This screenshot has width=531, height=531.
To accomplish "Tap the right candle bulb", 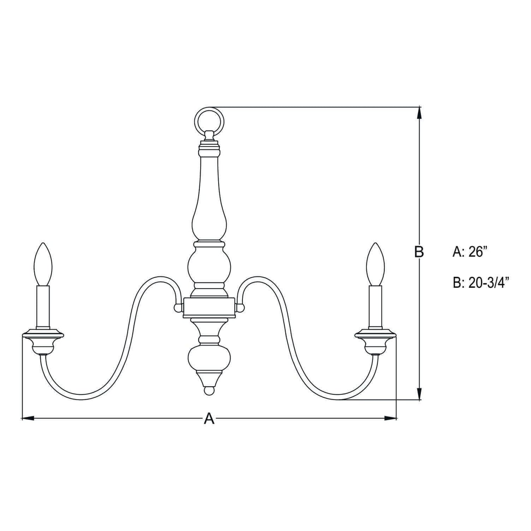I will [x=375, y=264].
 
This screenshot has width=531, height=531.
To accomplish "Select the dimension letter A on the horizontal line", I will [x=209, y=418].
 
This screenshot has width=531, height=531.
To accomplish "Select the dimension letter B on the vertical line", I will [x=419, y=252].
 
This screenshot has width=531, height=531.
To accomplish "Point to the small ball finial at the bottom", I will [x=208, y=390].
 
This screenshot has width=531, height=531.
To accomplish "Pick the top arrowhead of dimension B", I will [x=419, y=112].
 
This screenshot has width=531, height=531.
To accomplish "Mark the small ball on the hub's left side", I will [x=178, y=307].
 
